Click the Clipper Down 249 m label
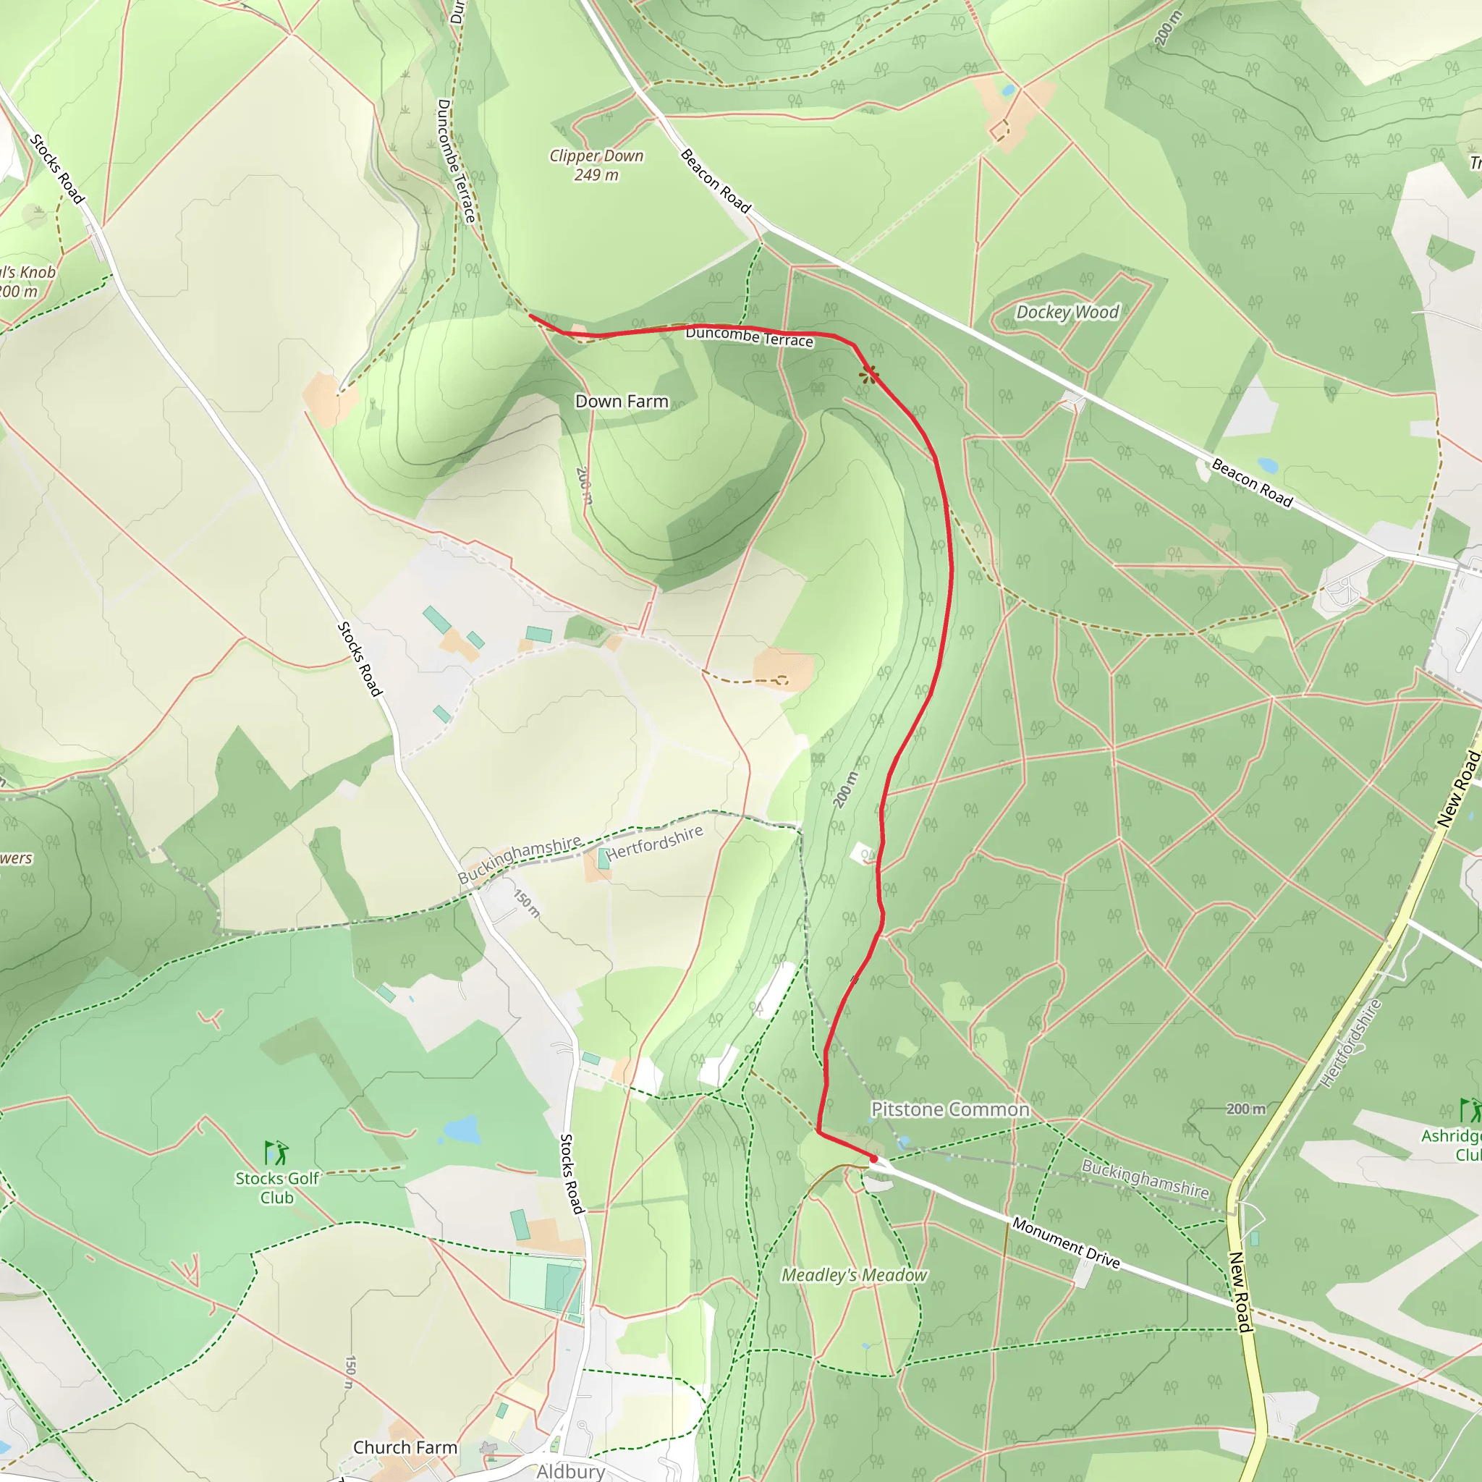[596, 165]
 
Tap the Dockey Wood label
[1067, 312]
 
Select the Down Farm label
[622, 401]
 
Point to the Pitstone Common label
[949, 1109]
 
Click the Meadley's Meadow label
[854, 1275]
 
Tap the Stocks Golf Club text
[277, 1188]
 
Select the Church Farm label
[405, 1447]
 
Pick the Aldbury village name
[570, 1471]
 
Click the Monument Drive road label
[1065, 1242]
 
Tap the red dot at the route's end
[873, 1159]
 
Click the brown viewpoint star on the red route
[868, 374]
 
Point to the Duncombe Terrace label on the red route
[749, 336]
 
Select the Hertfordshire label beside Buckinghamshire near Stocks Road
[654, 843]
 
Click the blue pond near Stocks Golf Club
[461, 1130]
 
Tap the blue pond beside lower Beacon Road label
[1267, 465]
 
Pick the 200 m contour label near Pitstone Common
[1245, 1109]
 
